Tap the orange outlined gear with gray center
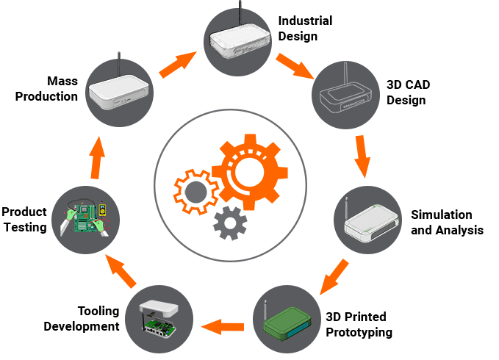[x=195, y=192]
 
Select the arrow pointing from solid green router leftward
[x=223, y=326]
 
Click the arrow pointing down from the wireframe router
[x=361, y=156]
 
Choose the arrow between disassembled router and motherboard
[x=121, y=270]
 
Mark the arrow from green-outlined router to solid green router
[x=334, y=276]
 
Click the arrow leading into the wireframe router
[x=295, y=65]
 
